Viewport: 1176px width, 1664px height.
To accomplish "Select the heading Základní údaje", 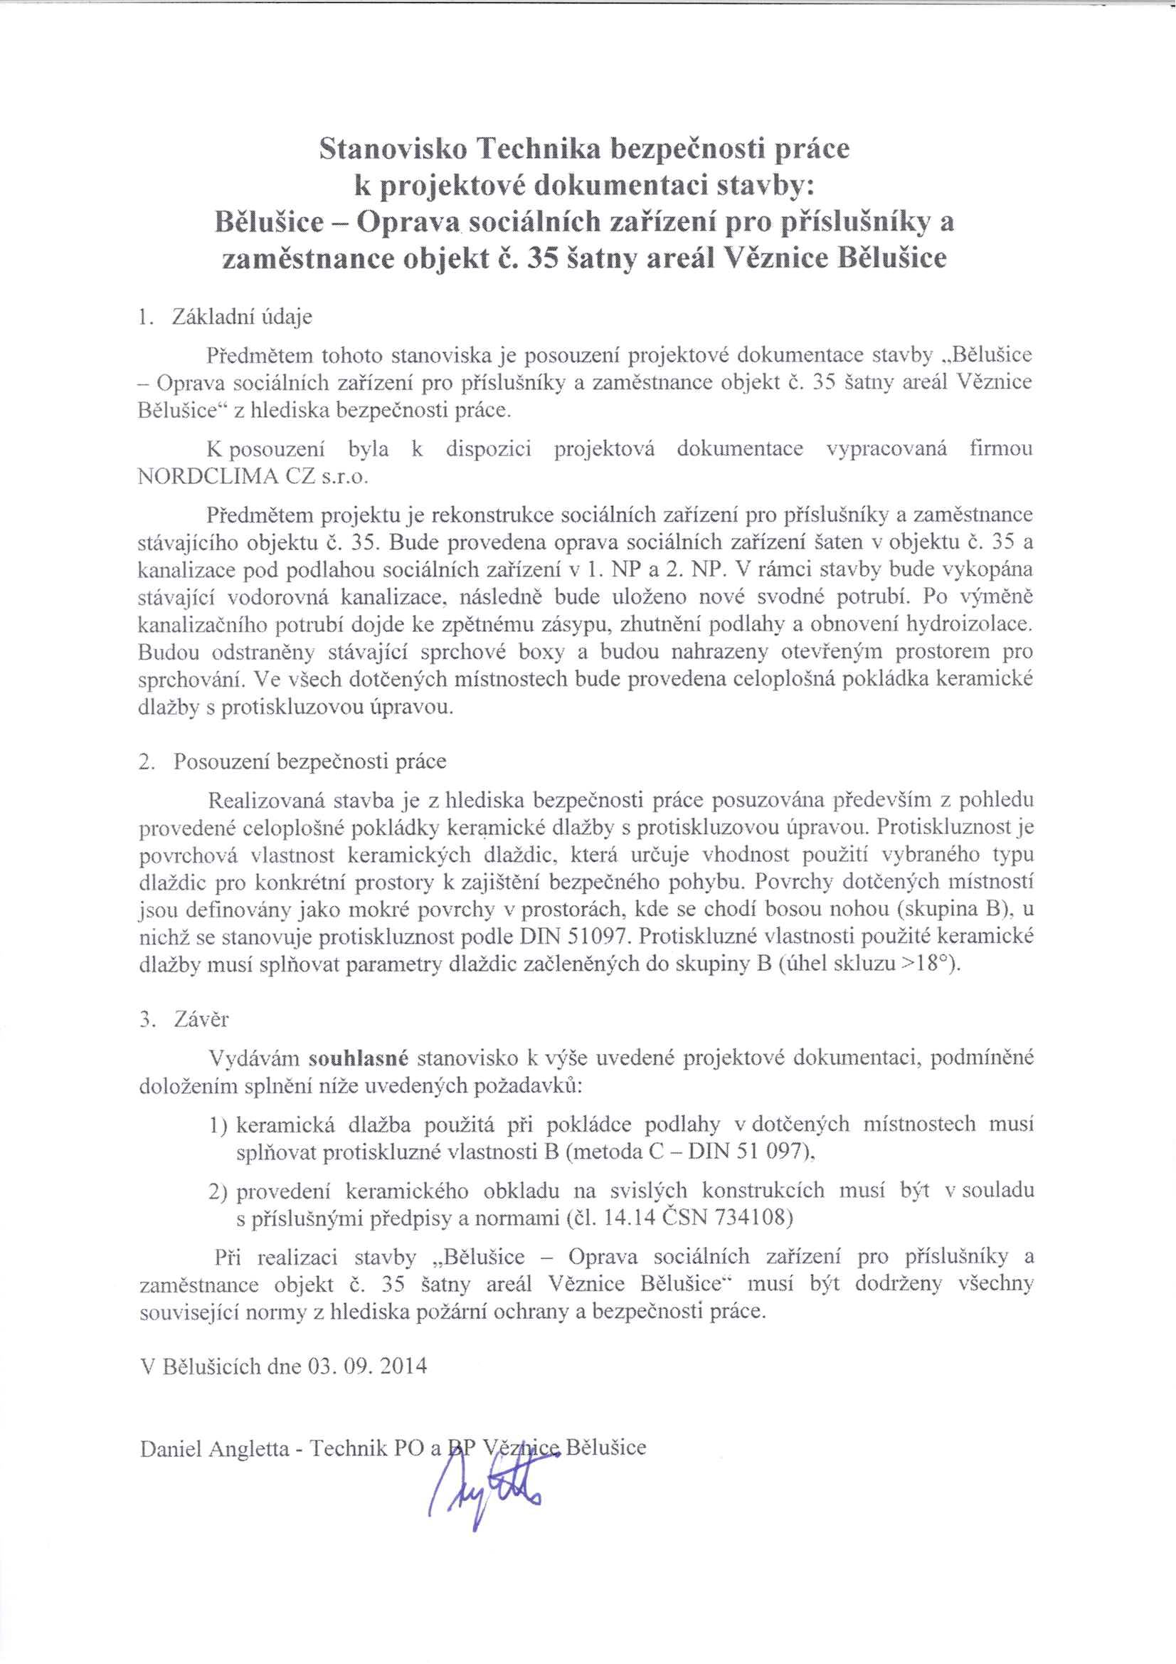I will (242, 317).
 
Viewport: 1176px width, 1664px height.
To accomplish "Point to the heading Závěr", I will (201, 1020).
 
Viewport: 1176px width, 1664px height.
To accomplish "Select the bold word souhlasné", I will (359, 1059).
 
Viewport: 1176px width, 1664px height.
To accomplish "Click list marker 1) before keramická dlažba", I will (218, 1125).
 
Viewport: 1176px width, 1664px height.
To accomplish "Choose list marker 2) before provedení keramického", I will (218, 1191).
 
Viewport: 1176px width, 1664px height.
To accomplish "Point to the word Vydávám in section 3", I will (253, 1059).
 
